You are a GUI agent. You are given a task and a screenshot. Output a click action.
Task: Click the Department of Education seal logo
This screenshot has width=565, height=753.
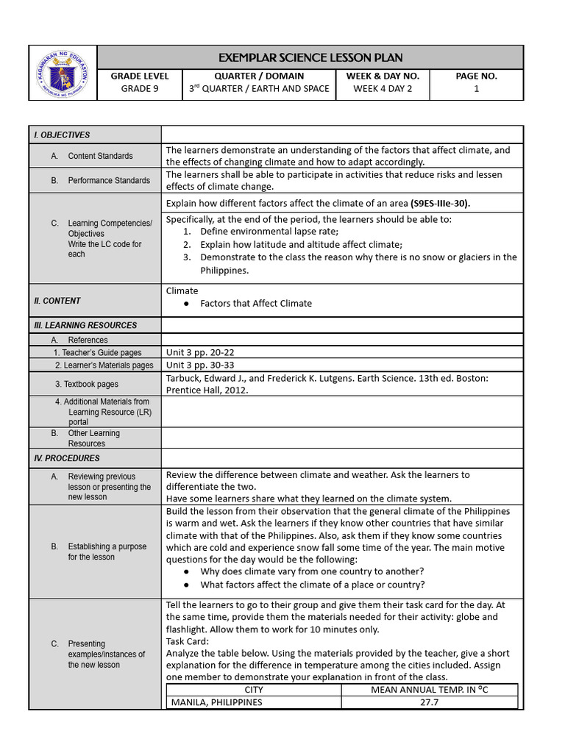[x=63, y=73]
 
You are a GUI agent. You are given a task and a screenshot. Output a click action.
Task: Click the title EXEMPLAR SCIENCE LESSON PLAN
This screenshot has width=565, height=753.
[x=310, y=57]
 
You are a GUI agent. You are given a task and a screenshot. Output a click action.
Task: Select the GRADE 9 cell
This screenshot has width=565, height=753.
[x=140, y=89]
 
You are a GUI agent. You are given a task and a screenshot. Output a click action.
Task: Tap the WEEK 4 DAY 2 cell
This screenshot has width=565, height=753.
[x=383, y=89]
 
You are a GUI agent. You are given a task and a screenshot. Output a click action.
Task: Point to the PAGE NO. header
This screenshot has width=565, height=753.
[x=476, y=76]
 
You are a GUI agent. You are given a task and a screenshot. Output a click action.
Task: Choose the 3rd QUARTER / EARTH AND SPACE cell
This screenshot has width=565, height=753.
[x=259, y=89]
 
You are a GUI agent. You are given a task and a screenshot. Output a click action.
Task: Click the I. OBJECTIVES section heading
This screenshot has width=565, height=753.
[x=62, y=135]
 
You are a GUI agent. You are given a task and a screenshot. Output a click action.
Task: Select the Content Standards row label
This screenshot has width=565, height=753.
[x=100, y=156]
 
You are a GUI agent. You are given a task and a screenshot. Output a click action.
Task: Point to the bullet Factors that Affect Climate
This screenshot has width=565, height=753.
[x=255, y=303]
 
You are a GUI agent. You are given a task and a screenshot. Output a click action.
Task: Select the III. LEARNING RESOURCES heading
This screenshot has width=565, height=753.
[x=85, y=325]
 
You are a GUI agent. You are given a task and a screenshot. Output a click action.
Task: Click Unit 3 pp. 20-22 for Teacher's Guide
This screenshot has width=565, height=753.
[x=200, y=352]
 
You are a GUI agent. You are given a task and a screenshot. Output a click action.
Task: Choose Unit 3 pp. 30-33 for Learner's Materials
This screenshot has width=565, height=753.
[x=200, y=365]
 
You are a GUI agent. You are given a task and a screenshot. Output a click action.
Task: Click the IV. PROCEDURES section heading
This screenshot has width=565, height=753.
[x=67, y=458]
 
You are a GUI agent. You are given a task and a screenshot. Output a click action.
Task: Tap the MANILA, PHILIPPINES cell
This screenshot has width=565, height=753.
[x=216, y=702]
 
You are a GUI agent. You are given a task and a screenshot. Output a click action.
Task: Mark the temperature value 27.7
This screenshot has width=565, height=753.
[x=429, y=702]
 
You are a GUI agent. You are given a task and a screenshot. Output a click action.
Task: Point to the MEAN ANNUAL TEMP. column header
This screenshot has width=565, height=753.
[x=429, y=690]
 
